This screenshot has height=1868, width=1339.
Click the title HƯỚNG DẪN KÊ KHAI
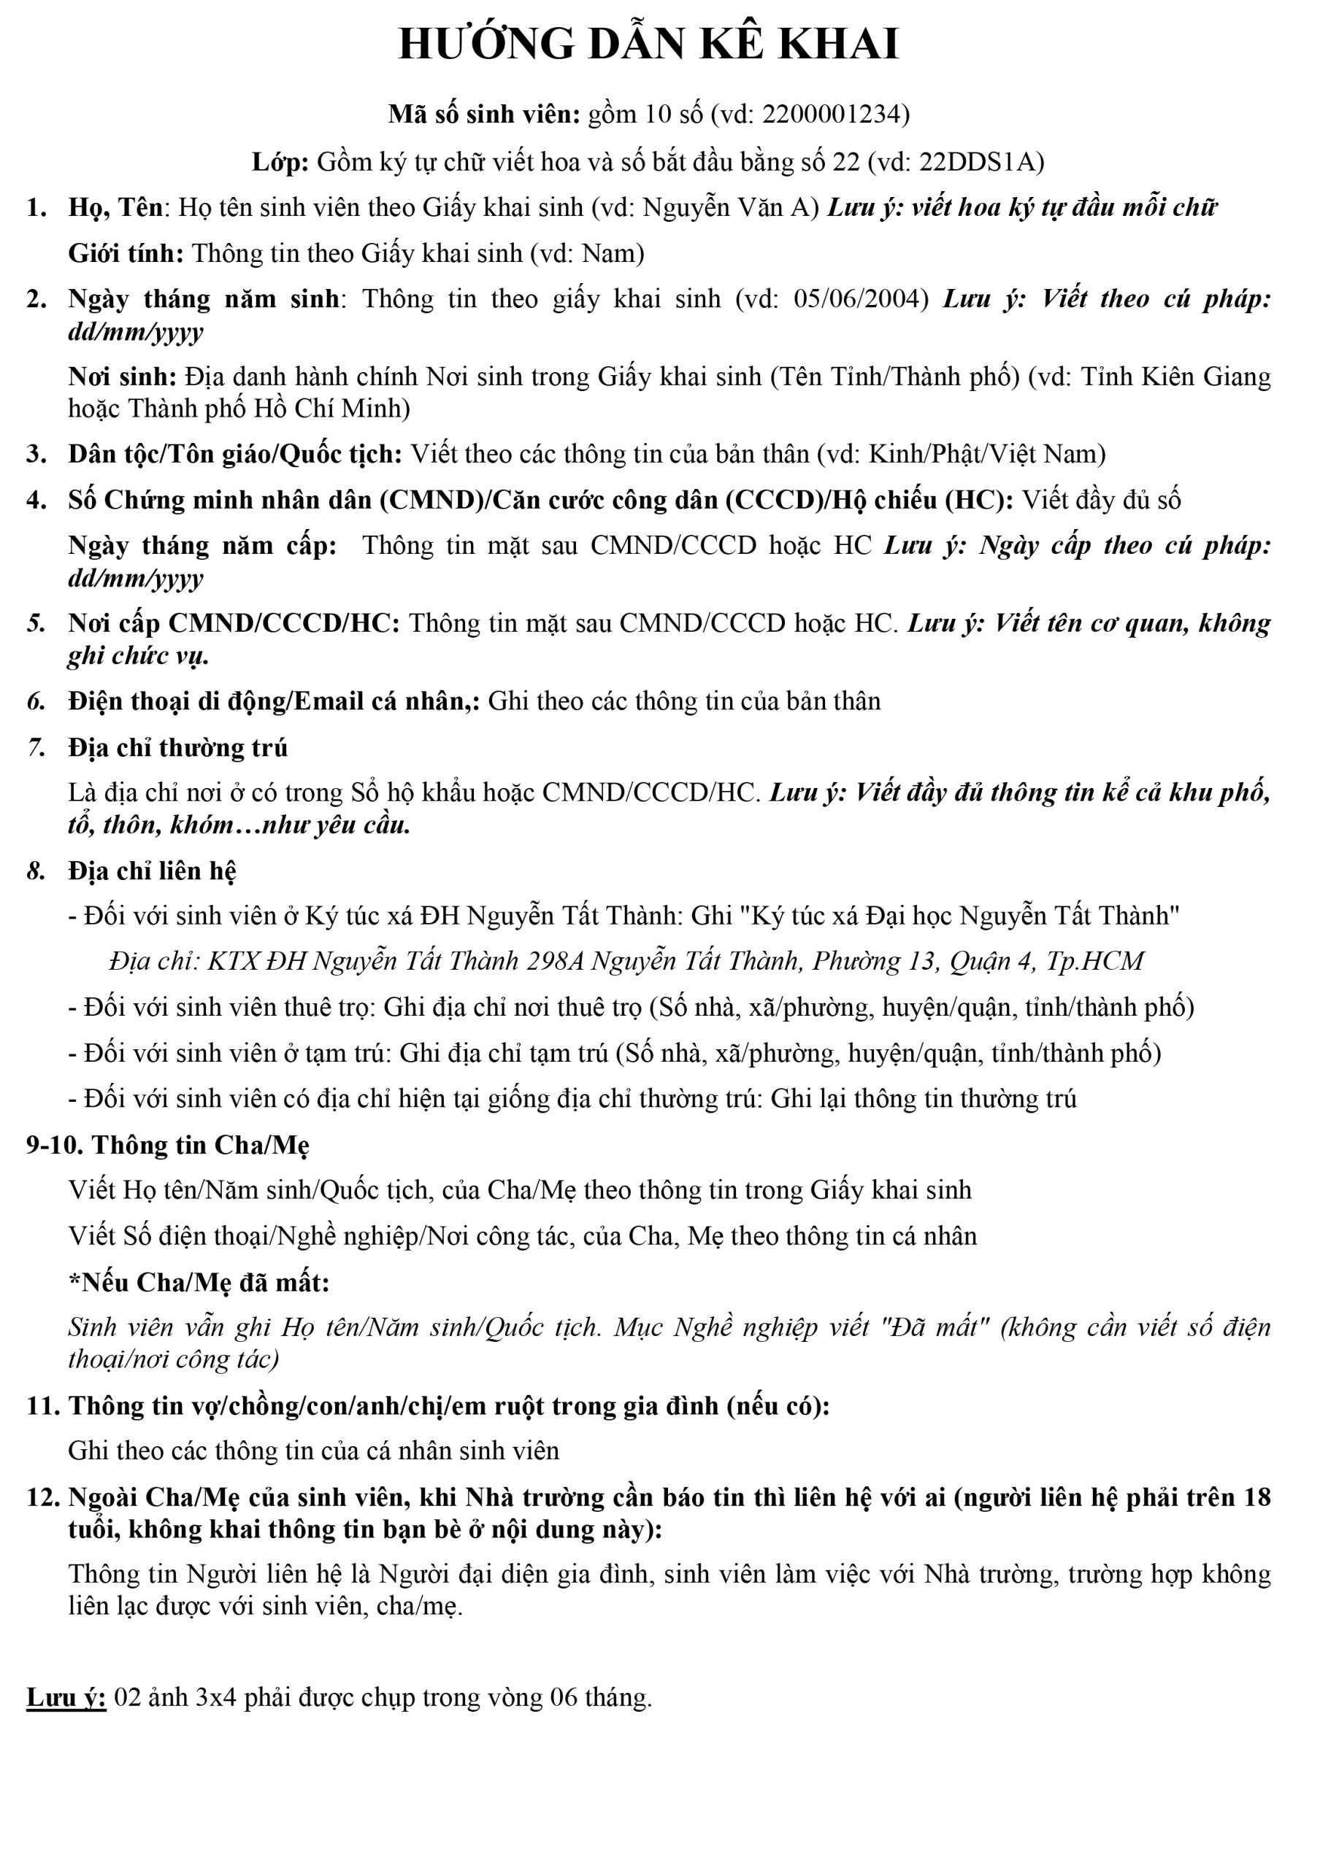click(x=648, y=45)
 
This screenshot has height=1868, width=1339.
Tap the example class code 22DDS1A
click(x=980, y=161)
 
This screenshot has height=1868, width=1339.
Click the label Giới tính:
click(x=126, y=253)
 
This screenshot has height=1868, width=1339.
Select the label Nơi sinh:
click(x=122, y=377)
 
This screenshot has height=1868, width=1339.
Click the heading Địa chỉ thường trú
click(x=178, y=748)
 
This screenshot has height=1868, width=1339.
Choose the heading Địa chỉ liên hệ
click(x=152, y=871)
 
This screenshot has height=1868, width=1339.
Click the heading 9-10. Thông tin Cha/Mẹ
click(x=167, y=1146)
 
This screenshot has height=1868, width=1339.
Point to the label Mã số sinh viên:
click(x=485, y=115)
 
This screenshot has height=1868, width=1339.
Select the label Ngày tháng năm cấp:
click(x=202, y=546)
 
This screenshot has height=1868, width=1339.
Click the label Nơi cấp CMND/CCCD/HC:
click(x=233, y=623)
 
